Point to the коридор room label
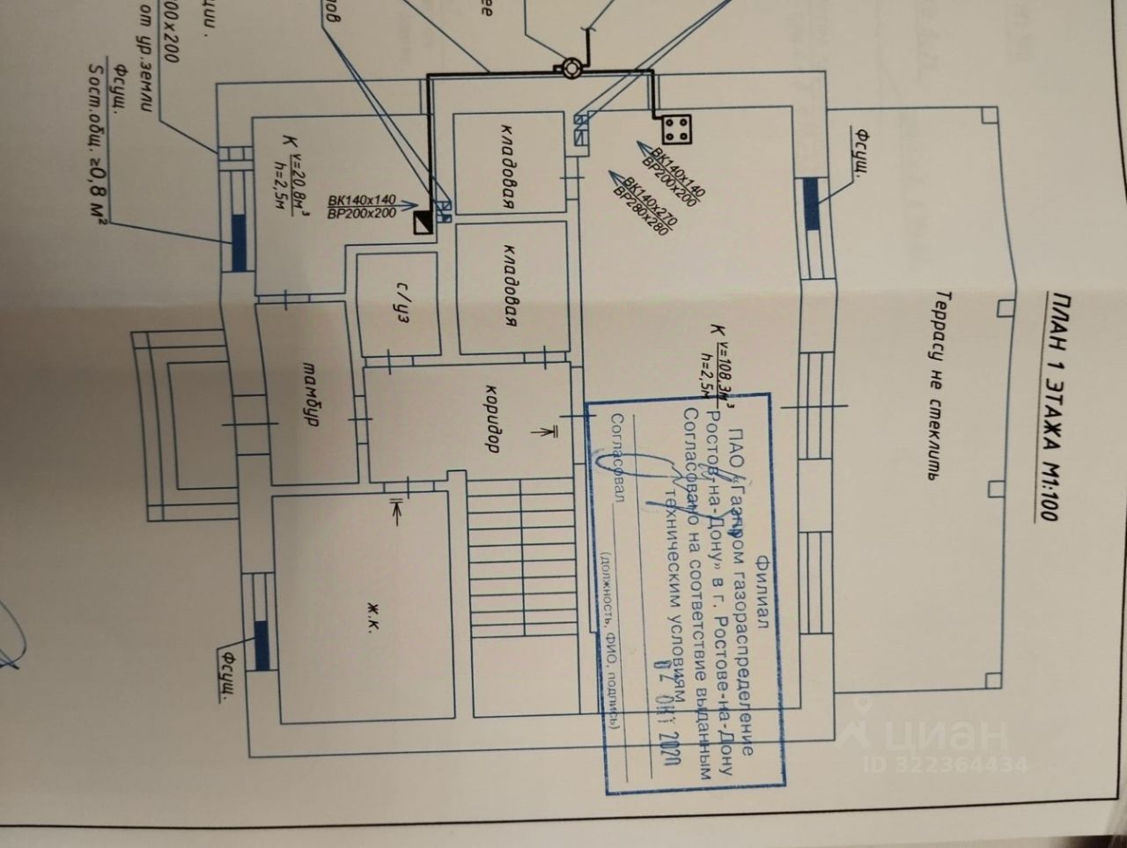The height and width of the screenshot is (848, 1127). (494, 417)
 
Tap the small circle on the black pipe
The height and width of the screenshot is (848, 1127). (570, 68)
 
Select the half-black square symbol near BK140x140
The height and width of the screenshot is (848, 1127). (424, 224)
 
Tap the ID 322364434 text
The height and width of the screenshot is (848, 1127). (946, 763)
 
